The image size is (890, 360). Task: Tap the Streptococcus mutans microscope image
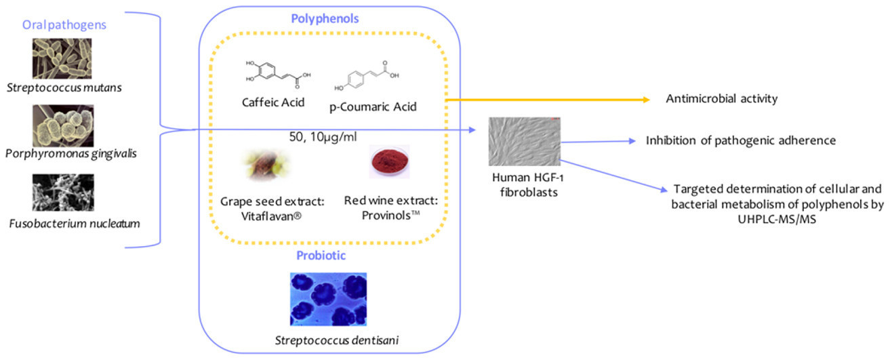click(x=62, y=58)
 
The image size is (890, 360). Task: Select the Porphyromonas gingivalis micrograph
click(x=63, y=125)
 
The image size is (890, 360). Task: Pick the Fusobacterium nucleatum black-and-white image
click(x=63, y=193)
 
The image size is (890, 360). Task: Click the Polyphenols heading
click(x=317, y=18)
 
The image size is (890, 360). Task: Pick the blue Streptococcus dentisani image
click(x=328, y=299)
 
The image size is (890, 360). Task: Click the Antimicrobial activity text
click(x=722, y=99)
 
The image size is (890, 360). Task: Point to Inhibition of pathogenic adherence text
click(x=740, y=140)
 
